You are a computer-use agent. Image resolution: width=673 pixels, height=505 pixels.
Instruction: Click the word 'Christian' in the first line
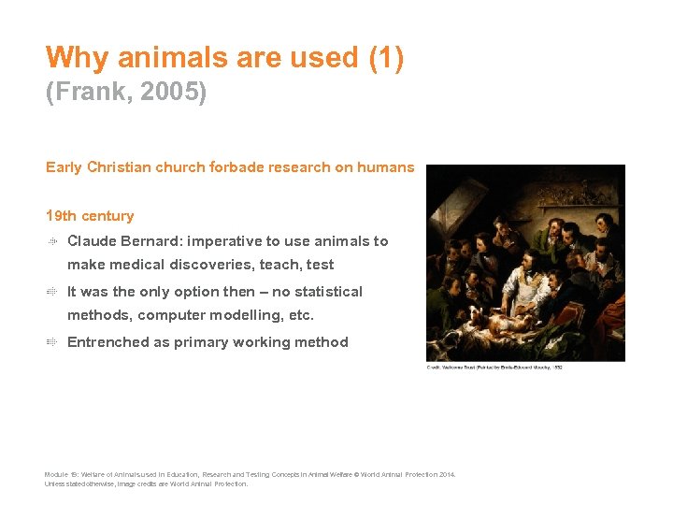[120, 167]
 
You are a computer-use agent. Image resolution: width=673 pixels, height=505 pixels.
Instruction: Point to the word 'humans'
[386, 167]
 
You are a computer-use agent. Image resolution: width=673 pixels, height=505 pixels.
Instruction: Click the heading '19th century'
[90, 216]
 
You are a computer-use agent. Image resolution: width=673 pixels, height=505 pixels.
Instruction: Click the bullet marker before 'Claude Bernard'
[53, 241]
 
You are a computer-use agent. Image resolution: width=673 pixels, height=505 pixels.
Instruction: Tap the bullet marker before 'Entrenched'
[53, 342]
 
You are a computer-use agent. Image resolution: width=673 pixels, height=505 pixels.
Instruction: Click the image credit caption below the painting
[494, 368]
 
